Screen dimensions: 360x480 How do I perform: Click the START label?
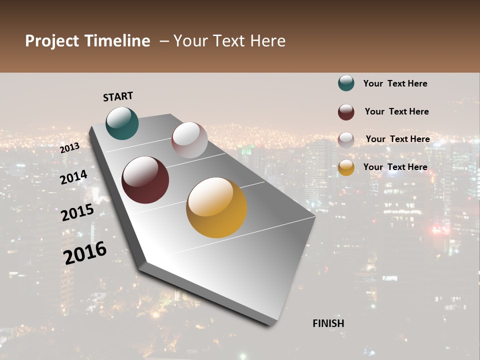[x=118, y=96]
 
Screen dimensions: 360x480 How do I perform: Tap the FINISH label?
[x=328, y=323]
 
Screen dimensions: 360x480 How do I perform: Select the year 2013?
[x=69, y=147]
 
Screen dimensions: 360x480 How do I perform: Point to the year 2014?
[x=73, y=177]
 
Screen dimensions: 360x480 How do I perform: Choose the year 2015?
[x=77, y=212]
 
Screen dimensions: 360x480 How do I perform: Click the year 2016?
[x=85, y=253]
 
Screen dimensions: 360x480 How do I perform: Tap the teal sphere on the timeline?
[x=122, y=123]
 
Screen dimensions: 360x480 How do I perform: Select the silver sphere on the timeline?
[x=189, y=140]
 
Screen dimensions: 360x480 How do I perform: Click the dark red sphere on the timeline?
[x=145, y=180]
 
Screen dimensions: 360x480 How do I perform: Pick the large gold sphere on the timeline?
[x=216, y=207]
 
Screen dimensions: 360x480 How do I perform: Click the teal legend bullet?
[x=346, y=83]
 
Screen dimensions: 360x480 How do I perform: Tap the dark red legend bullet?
[x=346, y=112]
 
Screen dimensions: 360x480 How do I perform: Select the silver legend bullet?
[x=346, y=140]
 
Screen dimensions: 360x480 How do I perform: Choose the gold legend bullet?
[x=346, y=167]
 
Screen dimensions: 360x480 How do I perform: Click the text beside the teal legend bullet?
[x=395, y=83]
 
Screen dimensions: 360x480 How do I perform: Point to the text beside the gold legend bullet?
[x=395, y=167]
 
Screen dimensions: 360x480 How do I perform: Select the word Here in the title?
[x=267, y=41]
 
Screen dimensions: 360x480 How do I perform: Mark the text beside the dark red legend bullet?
[x=396, y=111]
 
